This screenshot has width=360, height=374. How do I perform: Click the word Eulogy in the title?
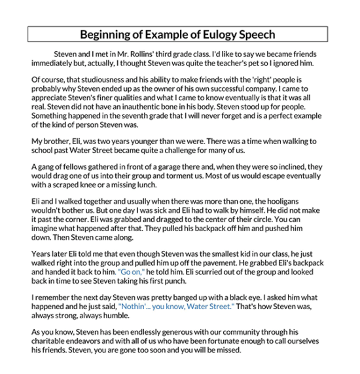[210, 34]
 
